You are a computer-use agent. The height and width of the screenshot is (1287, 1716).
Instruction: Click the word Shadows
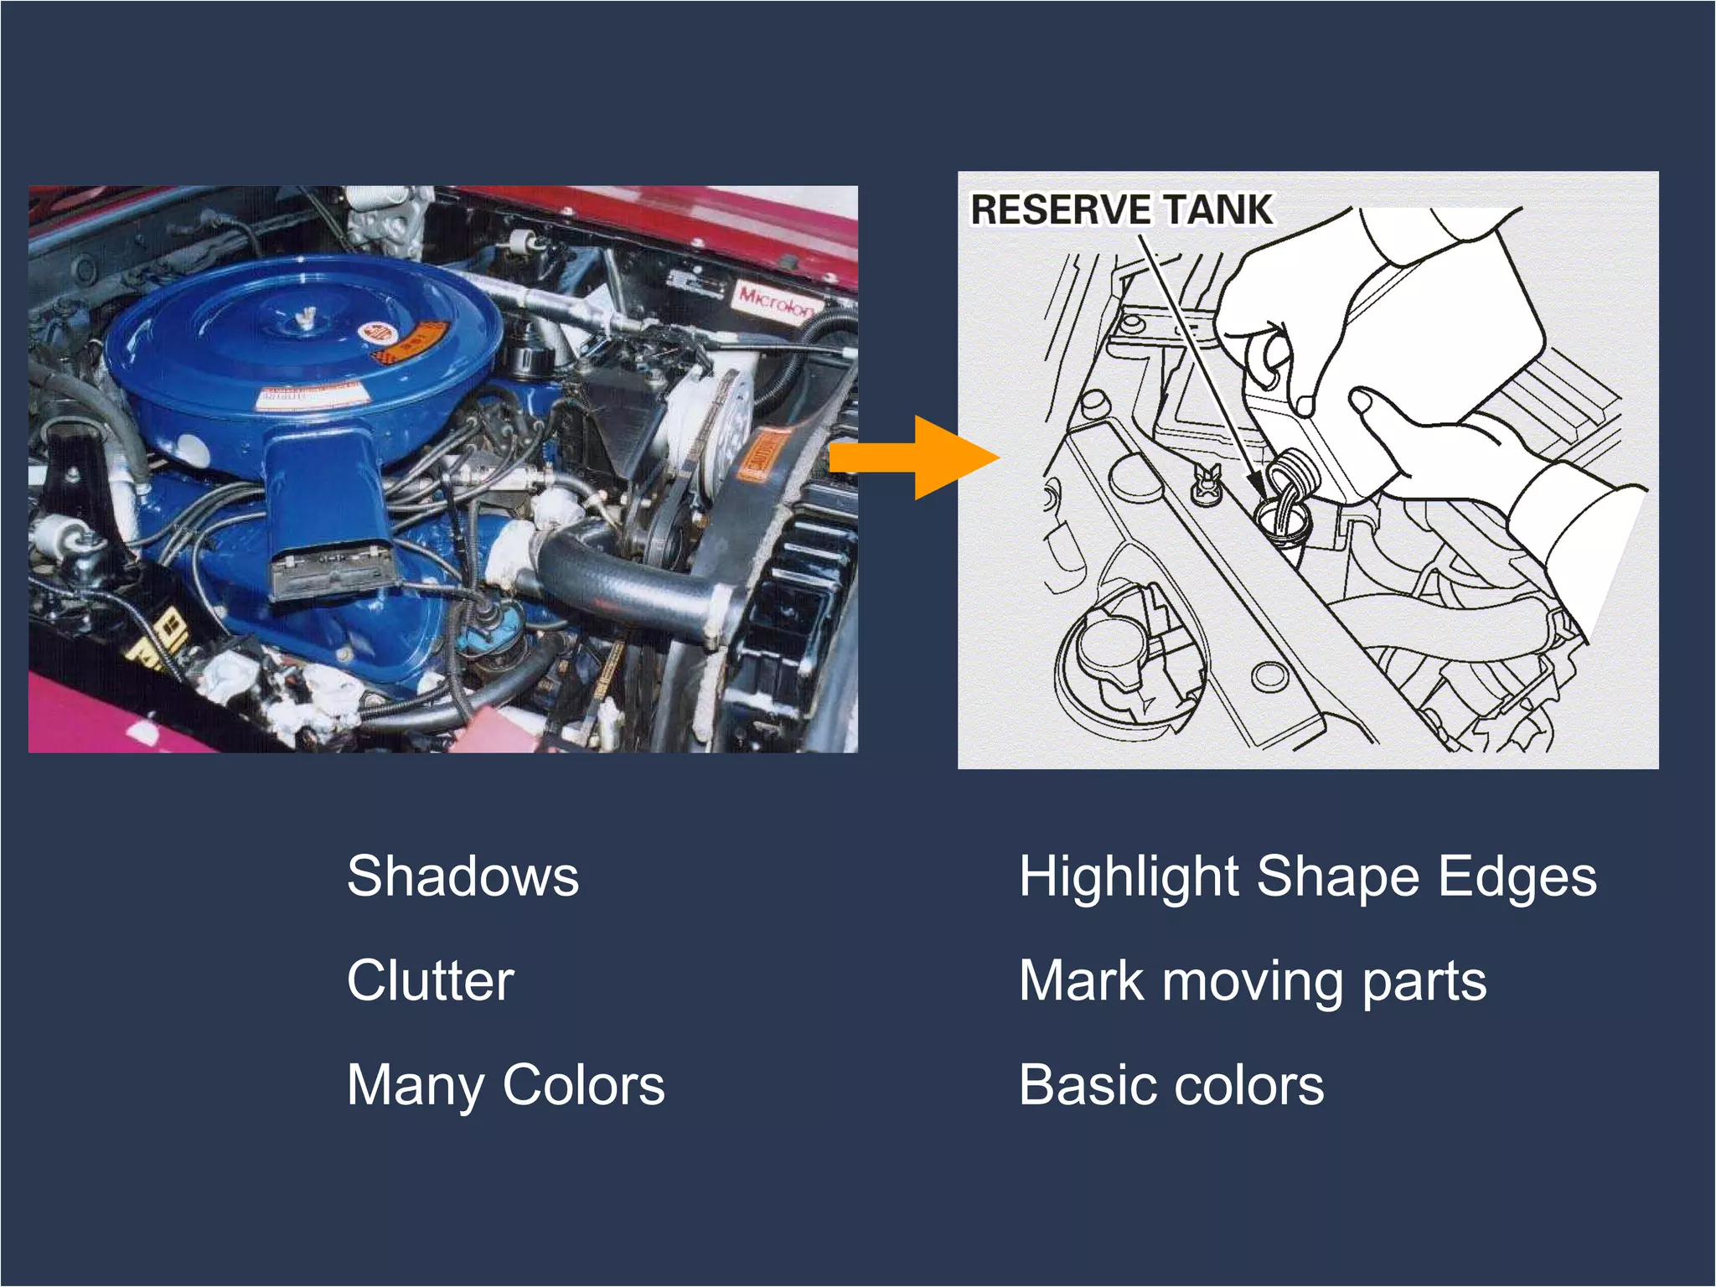pos(463,876)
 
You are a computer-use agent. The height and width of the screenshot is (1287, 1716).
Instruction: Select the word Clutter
pos(430,980)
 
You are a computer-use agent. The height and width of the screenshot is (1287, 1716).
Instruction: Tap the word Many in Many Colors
pos(415,1085)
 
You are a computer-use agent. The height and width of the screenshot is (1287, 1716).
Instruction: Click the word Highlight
pos(1129,876)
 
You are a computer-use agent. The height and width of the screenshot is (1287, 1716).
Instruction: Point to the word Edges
pos(1517,876)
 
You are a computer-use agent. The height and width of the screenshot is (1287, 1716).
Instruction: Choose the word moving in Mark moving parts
pos(1252,980)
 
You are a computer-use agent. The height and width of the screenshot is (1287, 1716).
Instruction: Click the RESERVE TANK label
pos(1121,209)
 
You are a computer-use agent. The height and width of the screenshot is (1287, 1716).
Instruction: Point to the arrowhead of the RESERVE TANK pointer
pos(1257,484)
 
